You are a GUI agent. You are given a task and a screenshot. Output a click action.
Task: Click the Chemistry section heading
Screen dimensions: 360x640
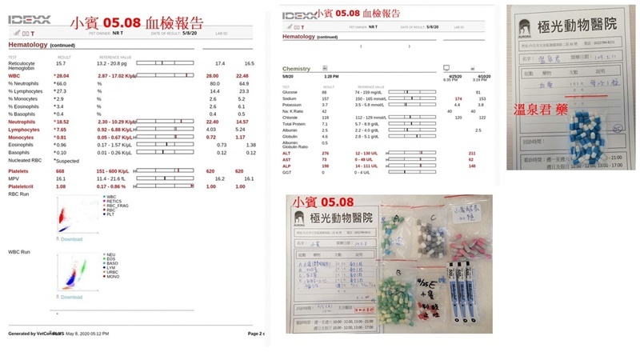(x=297, y=69)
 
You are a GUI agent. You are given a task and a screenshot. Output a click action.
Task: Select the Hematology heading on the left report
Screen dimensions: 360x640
(x=28, y=45)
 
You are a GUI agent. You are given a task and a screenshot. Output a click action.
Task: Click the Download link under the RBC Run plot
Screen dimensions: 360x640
(x=71, y=238)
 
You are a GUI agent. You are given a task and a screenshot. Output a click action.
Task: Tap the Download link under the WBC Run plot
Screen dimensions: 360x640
(x=71, y=297)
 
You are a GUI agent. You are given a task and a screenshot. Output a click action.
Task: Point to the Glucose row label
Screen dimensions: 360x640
(x=291, y=92)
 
